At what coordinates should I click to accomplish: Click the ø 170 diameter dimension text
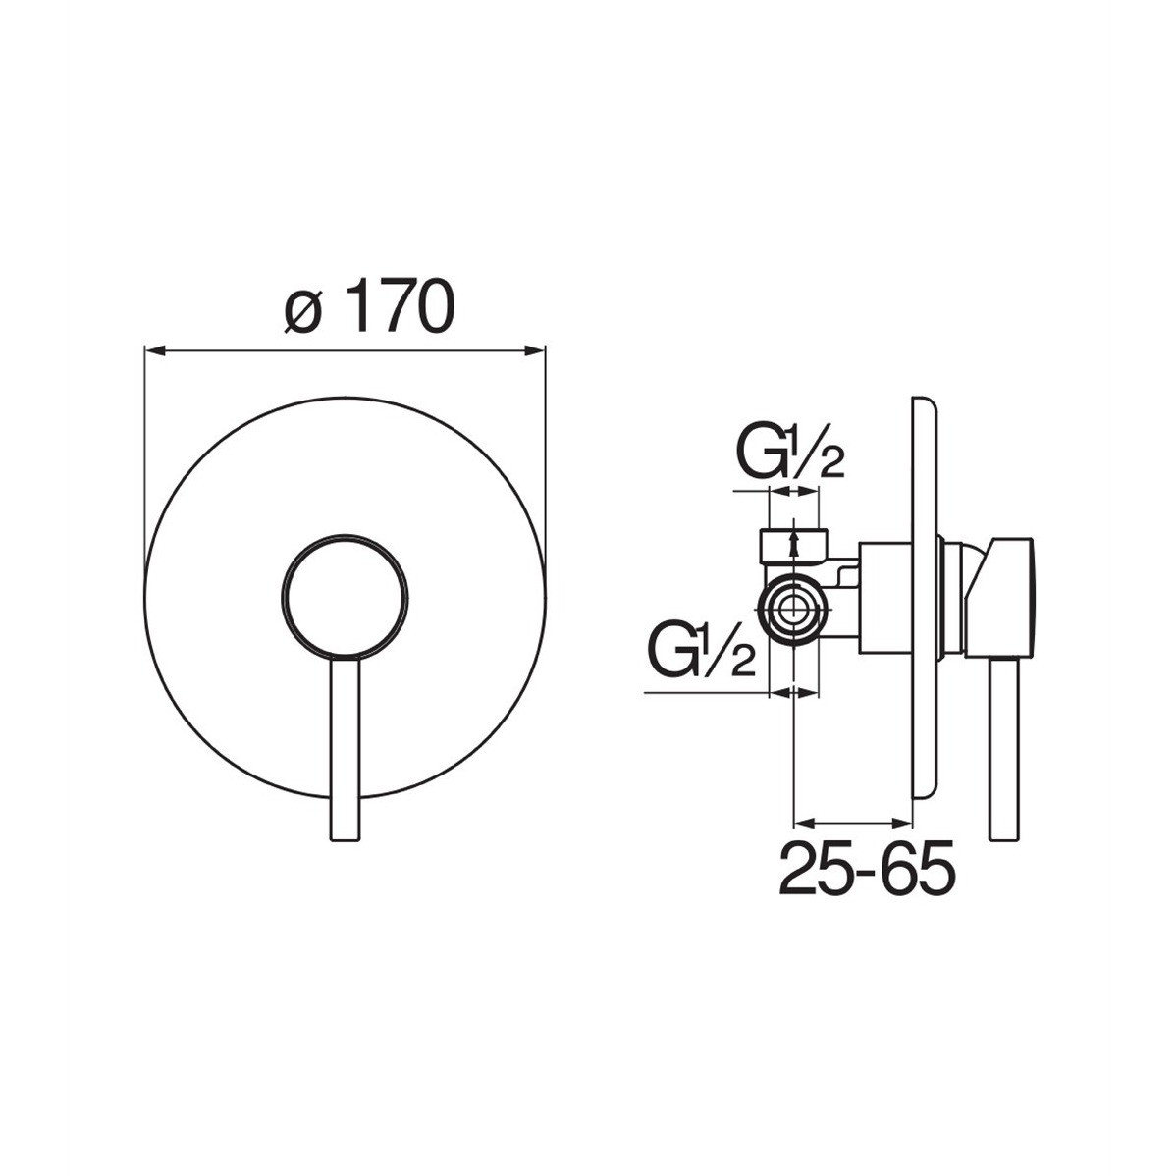pos(370,306)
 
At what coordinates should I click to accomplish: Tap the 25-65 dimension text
pos(867,868)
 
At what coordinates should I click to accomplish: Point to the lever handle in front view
pos(345,749)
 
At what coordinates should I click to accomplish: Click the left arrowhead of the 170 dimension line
pos(153,349)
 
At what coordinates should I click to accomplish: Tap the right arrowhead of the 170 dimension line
pos(536,349)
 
